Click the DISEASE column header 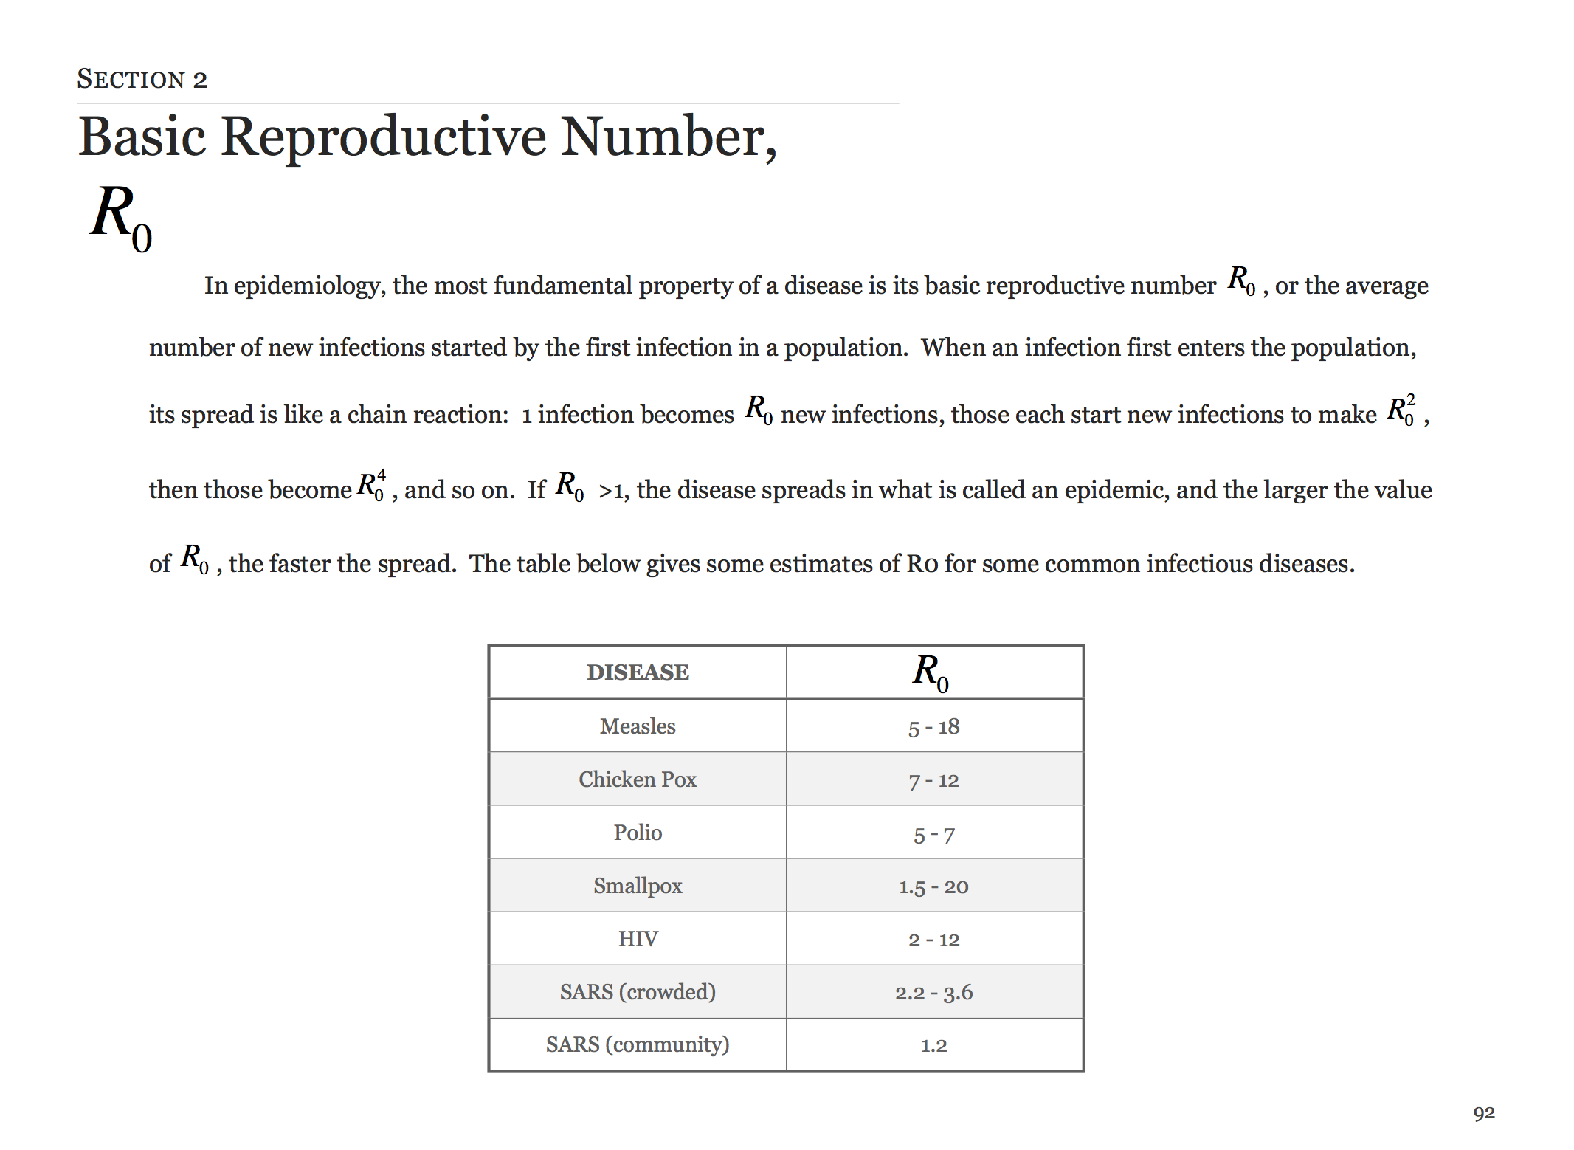point(638,672)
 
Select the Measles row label point(638,726)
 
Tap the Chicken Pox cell point(638,779)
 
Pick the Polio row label point(638,833)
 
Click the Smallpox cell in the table point(638,886)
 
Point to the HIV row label point(638,939)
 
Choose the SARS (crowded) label point(638,992)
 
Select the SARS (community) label point(638,1045)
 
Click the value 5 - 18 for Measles point(933,728)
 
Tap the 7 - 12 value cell point(933,781)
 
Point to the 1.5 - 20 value point(933,886)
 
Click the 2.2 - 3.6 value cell point(933,993)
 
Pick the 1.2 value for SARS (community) point(933,1046)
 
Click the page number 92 point(1484,1113)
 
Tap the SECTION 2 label point(142,79)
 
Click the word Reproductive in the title point(384,138)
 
